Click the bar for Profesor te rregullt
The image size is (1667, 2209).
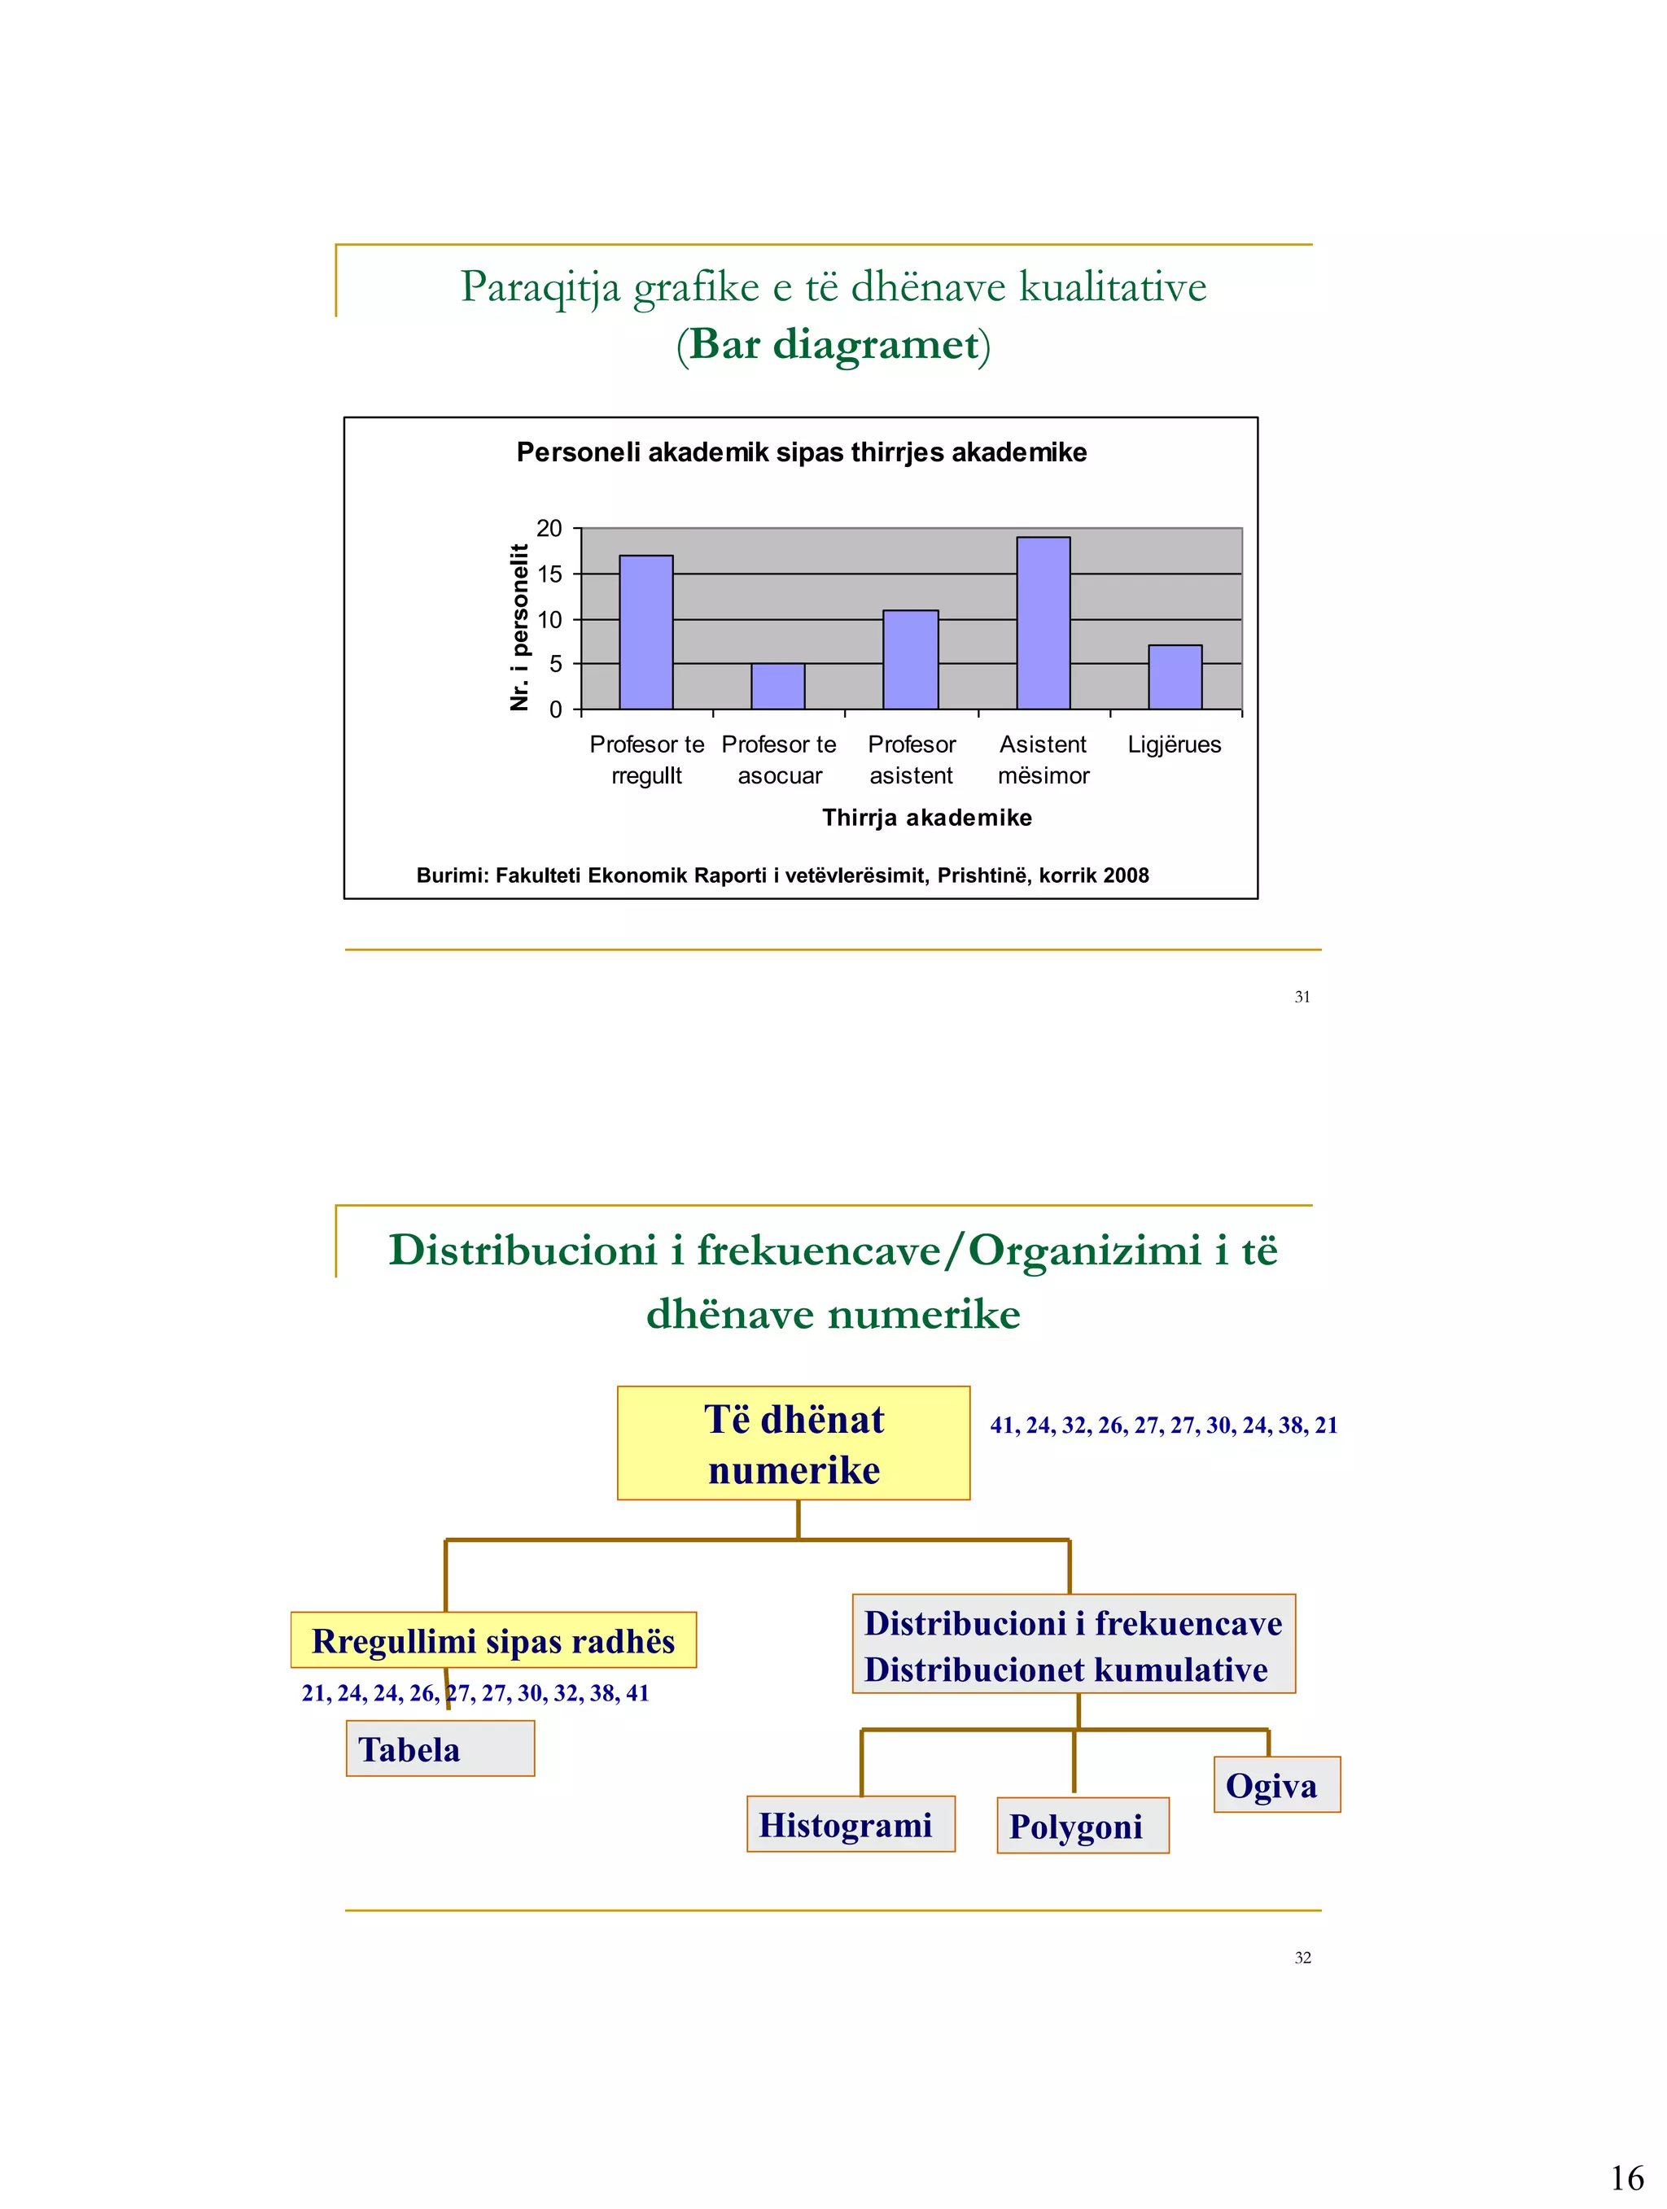point(645,632)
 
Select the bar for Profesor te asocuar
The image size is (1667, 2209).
point(777,686)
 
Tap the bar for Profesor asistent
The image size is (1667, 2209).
point(910,659)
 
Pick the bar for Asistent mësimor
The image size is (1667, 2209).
point(1043,623)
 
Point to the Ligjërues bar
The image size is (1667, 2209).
point(1175,677)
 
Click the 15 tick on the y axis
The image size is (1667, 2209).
point(549,574)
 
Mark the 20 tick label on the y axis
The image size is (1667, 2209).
point(549,528)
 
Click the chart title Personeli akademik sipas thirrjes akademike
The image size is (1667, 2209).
point(801,452)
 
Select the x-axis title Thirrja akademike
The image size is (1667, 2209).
point(927,818)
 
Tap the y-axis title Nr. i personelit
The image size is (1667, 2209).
point(518,627)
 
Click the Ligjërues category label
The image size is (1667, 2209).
point(1175,745)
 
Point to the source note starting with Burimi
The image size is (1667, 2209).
point(782,875)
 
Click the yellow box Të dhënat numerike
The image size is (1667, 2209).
point(793,1444)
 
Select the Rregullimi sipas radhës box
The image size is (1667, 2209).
point(493,1641)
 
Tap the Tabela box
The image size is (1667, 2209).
point(440,1748)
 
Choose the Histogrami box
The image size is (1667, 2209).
point(850,1824)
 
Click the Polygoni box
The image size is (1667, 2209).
point(1082,1827)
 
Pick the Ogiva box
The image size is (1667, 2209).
point(1275,1786)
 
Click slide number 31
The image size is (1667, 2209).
point(1302,997)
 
